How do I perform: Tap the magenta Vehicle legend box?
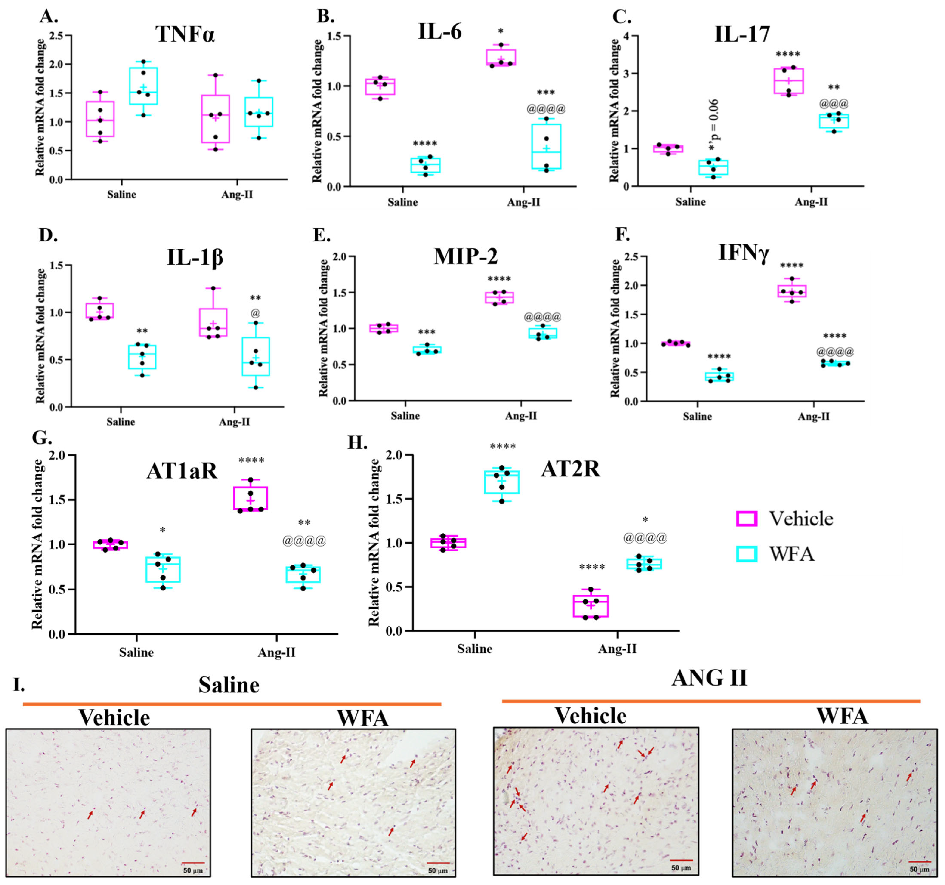[746, 519]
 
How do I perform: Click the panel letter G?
[42, 437]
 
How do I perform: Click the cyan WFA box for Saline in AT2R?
[501, 482]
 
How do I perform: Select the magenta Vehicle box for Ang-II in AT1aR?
[251, 498]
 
